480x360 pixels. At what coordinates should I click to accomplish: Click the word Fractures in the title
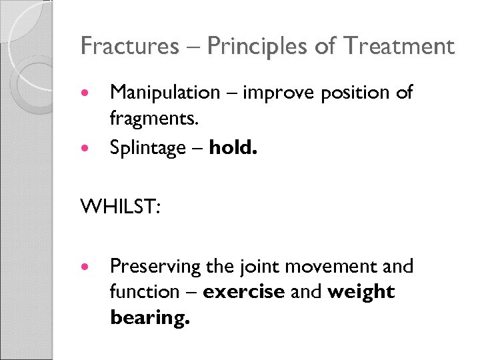pos(129,47)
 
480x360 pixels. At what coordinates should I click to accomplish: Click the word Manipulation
pos(164,93)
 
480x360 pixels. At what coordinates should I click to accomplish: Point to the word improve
pos(281,93)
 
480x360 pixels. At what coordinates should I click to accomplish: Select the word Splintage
pos(147,147)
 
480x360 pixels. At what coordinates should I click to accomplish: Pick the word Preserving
pos(155,267)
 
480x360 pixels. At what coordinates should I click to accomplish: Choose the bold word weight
pos(361,292)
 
